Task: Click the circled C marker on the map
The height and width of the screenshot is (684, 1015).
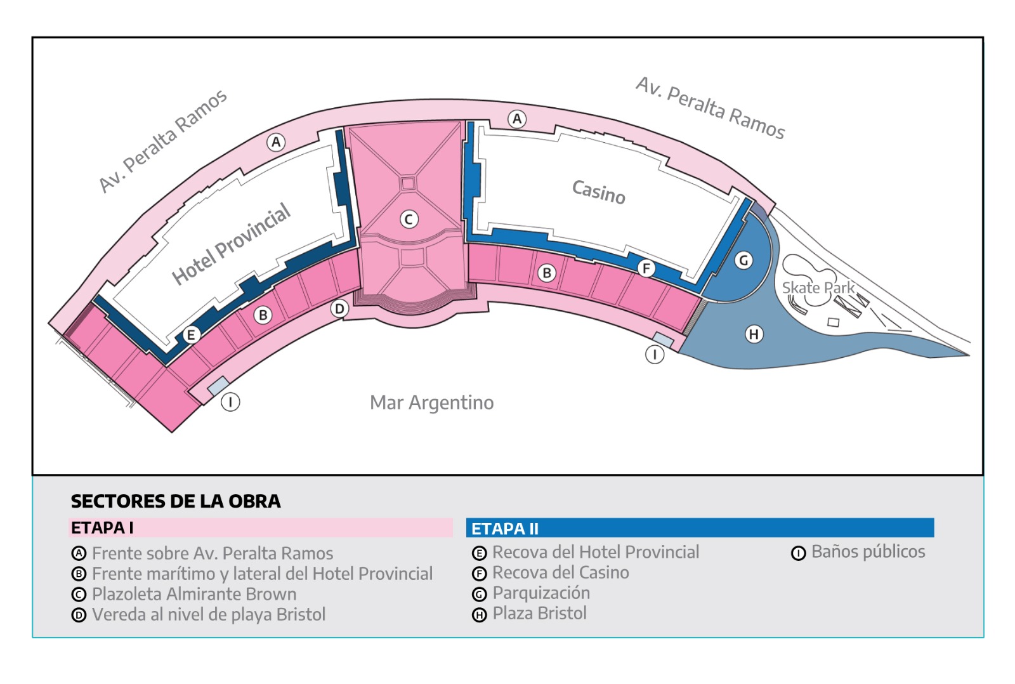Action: (x=409, y=220)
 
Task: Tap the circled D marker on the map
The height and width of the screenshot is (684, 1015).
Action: (x=340, y=309)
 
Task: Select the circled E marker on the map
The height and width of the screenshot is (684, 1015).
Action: (x=191, y=335)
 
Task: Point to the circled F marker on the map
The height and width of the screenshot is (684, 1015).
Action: (x=646, y=269)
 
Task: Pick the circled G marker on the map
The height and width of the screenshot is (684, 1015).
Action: (x=743, y=260)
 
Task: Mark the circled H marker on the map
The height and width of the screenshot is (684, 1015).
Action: (x=754, y=334)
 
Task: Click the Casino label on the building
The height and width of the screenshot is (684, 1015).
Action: (x=598, y=192)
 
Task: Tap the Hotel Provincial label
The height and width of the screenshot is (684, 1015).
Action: (x=231, y=244)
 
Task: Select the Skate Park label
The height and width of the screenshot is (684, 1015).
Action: (x=818, y=288)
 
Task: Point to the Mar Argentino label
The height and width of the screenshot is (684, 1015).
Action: (x=431, y=403)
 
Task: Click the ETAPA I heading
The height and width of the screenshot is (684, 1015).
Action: (x=102, y=528)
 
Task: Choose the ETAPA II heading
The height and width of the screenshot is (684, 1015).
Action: (x=505, y=529)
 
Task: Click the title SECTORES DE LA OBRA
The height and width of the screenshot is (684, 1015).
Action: (x=176, y=501)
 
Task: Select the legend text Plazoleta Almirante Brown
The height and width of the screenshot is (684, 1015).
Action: (x=194, y=595)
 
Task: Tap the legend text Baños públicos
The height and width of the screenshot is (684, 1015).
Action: (x=868, y=552)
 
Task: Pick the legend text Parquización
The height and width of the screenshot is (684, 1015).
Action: (x=541, y=593)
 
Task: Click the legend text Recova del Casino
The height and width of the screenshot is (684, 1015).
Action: (x=561, y=573)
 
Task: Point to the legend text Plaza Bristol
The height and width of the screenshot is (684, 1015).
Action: (x=539, y=614)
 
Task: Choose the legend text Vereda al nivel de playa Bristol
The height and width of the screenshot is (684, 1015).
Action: (x=209, y=615)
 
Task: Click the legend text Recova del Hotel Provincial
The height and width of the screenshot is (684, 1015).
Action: (x=596, y=553)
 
